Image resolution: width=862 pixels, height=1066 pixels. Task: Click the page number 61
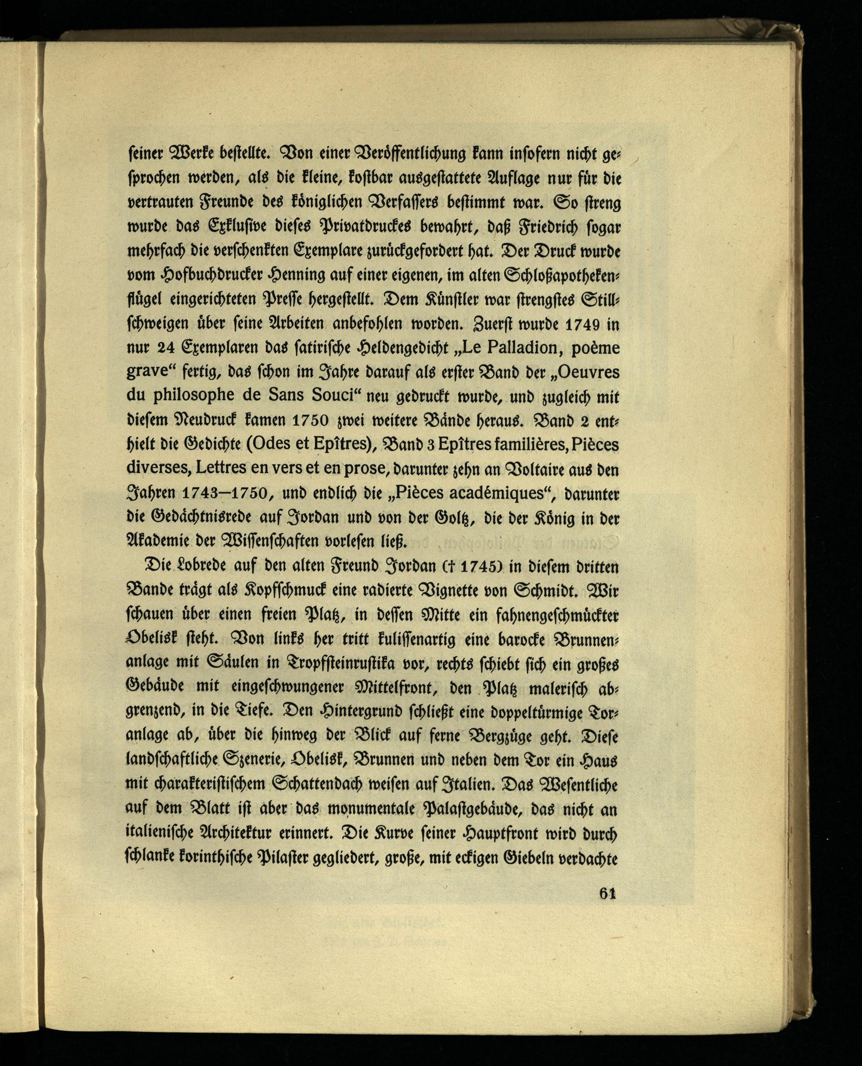coord(607,893)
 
